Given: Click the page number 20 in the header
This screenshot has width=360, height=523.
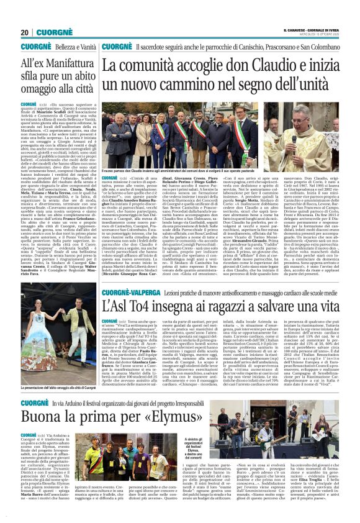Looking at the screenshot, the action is tap(24, 32).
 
